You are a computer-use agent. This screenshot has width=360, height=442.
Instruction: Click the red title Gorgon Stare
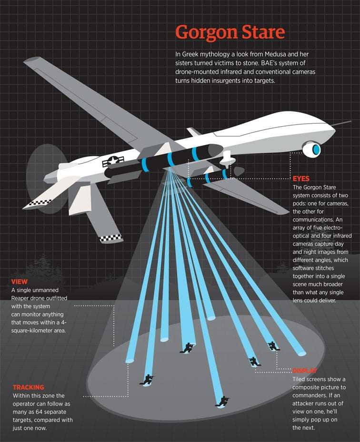pyautogui.click(x=230, y=32)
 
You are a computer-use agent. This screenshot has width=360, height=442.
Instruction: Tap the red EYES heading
pyautogui.click(x=301, y=179)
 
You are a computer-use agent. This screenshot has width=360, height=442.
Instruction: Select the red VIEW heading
pyautogui.click(x=20, y=282)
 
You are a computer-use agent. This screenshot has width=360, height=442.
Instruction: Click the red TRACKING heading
pyautogui.click(x=29, y=387)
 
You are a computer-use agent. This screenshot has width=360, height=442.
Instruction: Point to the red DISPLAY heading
pyautogui.click(x=305, y=371)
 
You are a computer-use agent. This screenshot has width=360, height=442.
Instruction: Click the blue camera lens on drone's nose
pyautogui.click(x=316, y=149)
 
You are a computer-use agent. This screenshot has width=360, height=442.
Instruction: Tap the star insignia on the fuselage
pyautogui.click(x=112, y=161)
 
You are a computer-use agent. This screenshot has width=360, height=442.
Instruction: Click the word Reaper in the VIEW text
pyautogui.click(x=20, y=298)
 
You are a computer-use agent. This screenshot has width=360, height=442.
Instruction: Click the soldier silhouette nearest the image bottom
pyautogui.click(x=222, y=402)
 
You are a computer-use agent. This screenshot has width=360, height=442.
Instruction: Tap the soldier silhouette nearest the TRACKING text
pyautogui.click(x=147, y=380)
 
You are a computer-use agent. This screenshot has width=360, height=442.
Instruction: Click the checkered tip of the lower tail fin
pyautogui.click(x=111, y=238)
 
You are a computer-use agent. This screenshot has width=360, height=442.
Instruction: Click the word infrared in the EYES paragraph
pyautogui.click(x=341, y=236)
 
